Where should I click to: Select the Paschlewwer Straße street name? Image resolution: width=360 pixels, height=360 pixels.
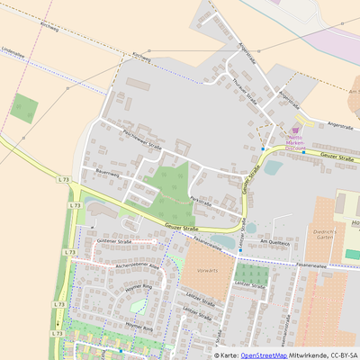[141, 139]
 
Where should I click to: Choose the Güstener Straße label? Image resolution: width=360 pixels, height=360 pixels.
[113, 243]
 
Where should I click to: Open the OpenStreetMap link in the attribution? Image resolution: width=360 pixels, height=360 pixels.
[264, 355]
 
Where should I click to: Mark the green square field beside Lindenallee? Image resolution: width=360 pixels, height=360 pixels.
[23, 108]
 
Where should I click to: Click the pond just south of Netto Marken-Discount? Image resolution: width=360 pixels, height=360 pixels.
[273, 167]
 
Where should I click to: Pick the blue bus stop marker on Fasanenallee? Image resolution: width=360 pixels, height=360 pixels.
[241, 249]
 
